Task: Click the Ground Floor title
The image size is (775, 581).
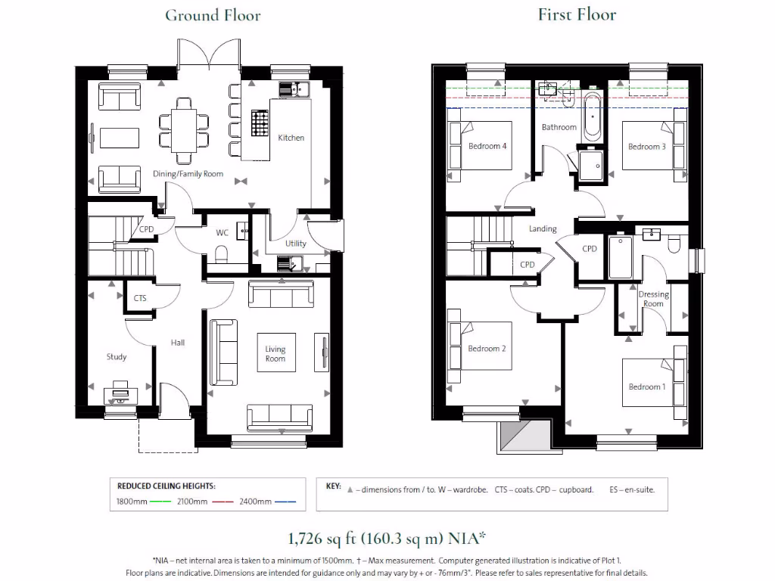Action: [x=213, y=15]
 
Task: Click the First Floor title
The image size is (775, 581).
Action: [x=577, y=14]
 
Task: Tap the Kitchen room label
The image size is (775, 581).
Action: [x=291, y=138]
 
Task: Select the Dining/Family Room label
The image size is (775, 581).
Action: [x=188, y=174]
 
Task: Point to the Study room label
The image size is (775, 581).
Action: [x=117, y=356]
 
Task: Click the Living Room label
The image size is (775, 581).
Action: [x=275, y=354]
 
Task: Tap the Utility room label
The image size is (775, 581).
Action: [x=296, y=244]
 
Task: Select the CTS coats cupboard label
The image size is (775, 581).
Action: [x=140, y=299]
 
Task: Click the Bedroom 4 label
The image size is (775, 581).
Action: [x=487, y=146]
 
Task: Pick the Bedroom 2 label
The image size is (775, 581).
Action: [x=487, y=349]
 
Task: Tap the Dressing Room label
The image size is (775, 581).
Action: [x=654, y=299]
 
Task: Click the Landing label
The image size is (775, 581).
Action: [x=543, y=228]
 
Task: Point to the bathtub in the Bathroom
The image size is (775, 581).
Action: [x=592, y=117]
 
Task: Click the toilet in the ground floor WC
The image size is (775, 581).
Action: [x=222, y=253]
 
